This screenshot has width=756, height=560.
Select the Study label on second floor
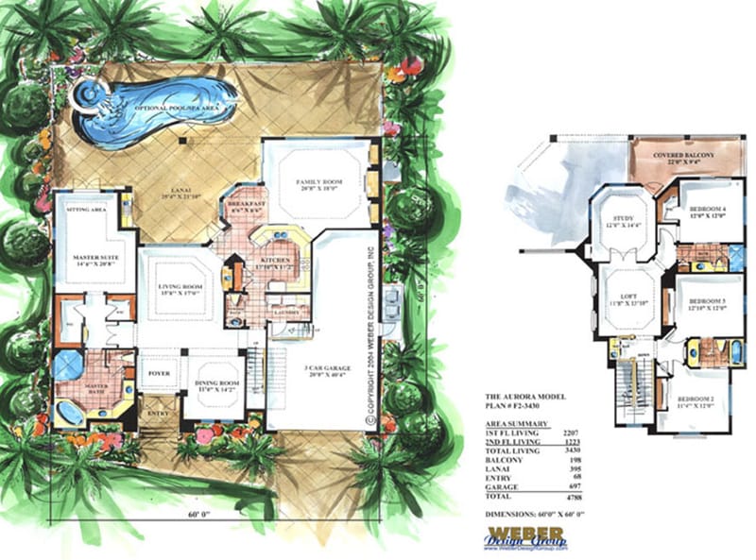click(617, 222)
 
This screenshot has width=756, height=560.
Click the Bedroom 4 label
click(707, 211)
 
